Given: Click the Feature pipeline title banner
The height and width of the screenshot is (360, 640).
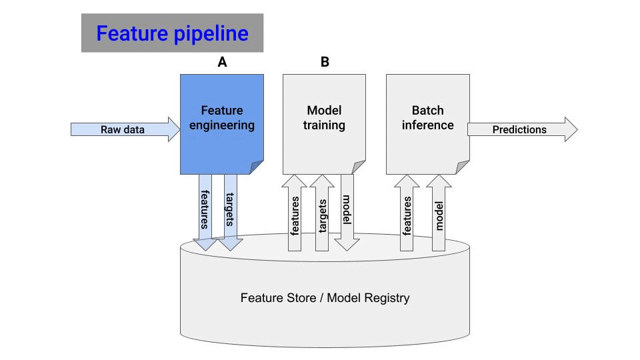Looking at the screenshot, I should point(172,33).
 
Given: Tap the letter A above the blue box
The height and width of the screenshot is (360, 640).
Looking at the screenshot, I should point(222,62).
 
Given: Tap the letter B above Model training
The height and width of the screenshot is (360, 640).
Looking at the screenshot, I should point(325,62).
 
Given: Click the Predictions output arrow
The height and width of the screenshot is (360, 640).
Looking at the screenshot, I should point(520,129).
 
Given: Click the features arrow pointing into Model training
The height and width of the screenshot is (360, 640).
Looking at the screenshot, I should point(295,213).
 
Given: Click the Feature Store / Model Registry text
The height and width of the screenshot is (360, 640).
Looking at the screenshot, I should point(325,298).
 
